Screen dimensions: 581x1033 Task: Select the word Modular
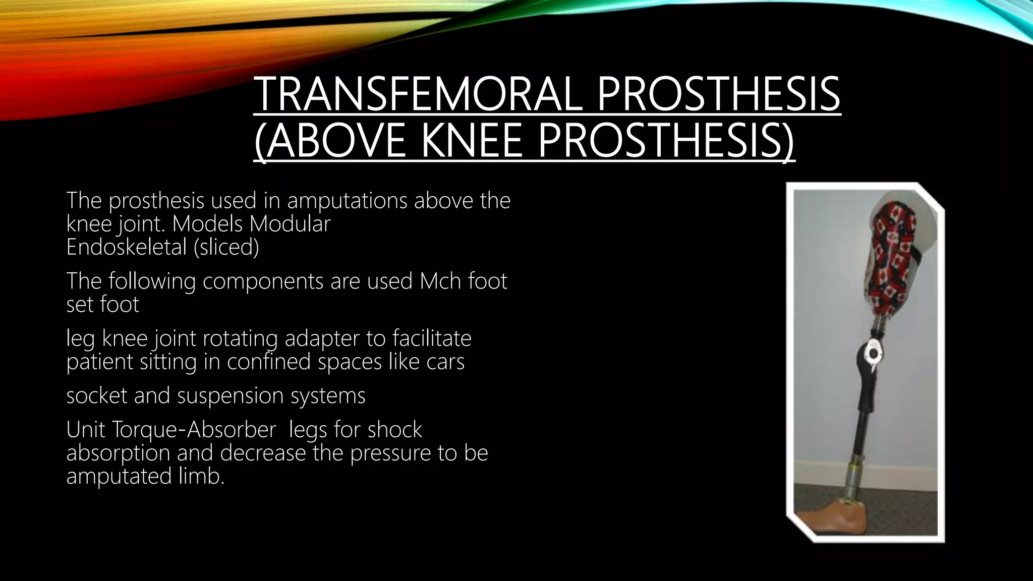coord(290,224)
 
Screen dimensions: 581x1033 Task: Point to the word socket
coord(96,395)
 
